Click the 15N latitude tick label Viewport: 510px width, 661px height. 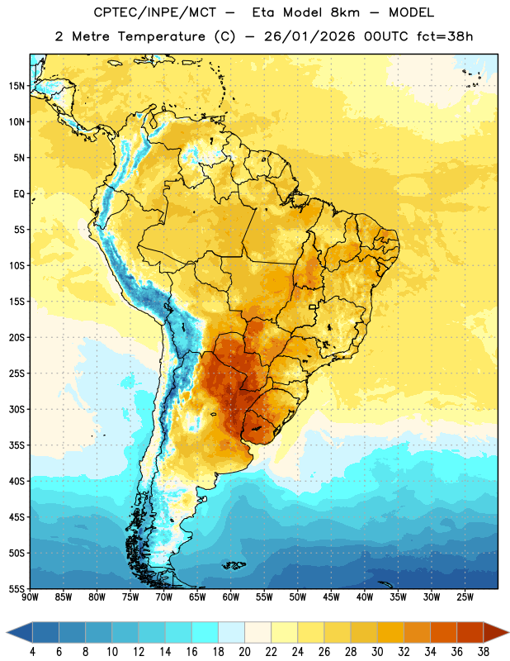(17, 86)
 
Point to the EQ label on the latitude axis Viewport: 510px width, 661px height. (19, 194)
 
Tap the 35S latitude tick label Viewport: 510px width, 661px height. (17, 445)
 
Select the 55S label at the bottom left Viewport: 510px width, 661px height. (17, 588)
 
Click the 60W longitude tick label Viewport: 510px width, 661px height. (231, 597)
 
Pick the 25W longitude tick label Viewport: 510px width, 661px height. (465, 597)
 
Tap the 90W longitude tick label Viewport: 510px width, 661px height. (30, 597)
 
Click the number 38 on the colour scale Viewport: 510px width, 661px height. (484, 652)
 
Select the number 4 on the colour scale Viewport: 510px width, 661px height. (32, 652)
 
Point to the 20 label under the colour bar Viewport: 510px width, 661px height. (244, 652)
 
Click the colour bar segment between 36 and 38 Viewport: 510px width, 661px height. (470, 633)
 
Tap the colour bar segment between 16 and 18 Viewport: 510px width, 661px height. (205, 633)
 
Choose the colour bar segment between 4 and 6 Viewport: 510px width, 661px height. (45, 633)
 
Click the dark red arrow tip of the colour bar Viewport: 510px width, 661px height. (508, 633)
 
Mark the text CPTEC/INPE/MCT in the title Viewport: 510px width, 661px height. (154, 12)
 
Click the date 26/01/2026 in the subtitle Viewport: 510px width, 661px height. (309, 36)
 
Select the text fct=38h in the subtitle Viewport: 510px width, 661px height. (445, 36)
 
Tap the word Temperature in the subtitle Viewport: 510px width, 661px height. (161, 36)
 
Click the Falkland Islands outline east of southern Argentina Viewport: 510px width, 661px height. (234, 565)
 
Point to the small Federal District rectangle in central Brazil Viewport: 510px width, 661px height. (313, 307)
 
